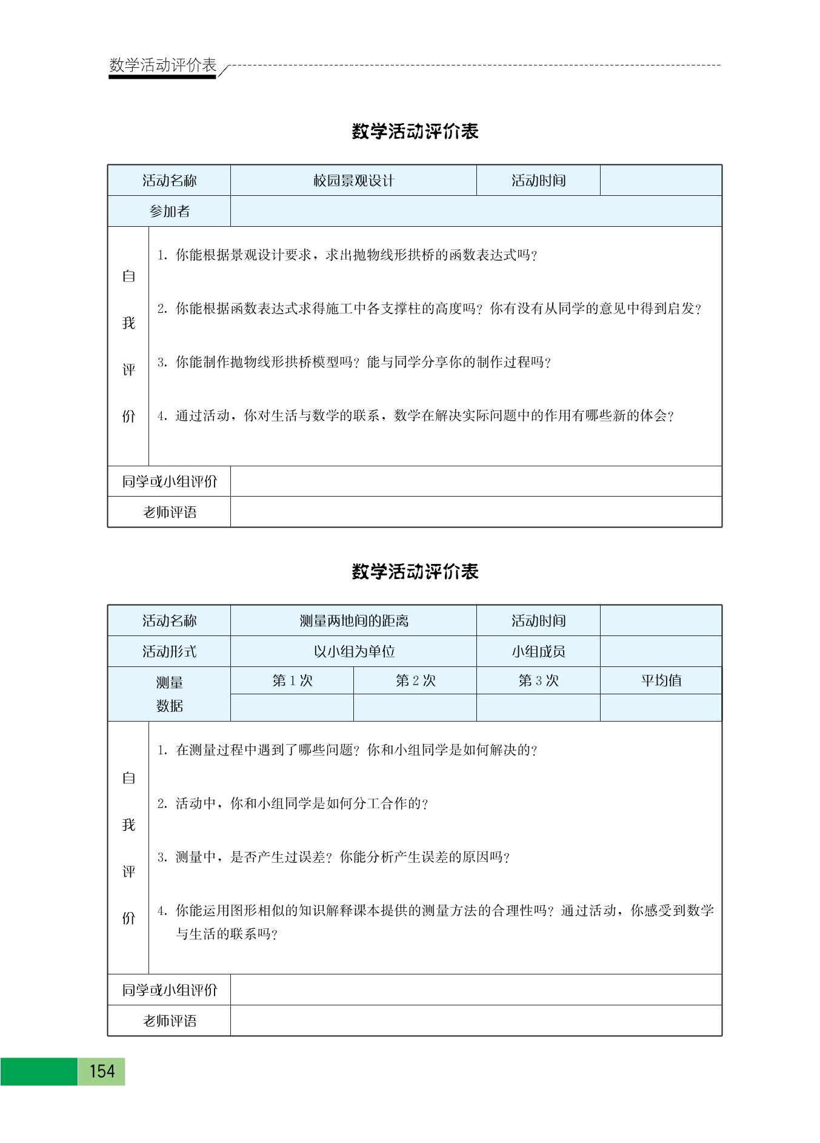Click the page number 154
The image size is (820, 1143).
tap(101, 1071)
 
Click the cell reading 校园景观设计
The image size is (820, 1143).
tap(353, 181)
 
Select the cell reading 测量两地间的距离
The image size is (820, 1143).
tap(353, 621)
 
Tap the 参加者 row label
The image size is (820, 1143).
tap(169, 211)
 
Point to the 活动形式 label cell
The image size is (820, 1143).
tap(169, 652)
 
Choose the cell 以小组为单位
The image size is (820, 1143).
tap(353, 652)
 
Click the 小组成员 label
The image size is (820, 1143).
tap(538, 652)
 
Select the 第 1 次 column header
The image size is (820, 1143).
tap(292, 680)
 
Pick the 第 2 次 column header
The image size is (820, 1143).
tap(415, 680)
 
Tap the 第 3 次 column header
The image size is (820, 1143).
tap(538, 680)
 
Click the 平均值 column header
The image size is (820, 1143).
tap(661, 680)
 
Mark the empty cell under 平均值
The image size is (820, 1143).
tap(661, 708)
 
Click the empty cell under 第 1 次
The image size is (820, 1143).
tap(292, 708)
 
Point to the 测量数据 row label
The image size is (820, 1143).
tap(169, 694)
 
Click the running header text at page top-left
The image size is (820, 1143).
tap(162, 65)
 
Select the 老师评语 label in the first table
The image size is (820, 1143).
tap(169, 512)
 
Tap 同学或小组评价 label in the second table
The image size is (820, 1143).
tap(169, 990)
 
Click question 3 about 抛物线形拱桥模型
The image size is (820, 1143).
tap(354, 363)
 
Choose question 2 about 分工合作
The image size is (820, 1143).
tap(293, 804)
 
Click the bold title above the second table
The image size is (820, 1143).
tap(415, 572)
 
